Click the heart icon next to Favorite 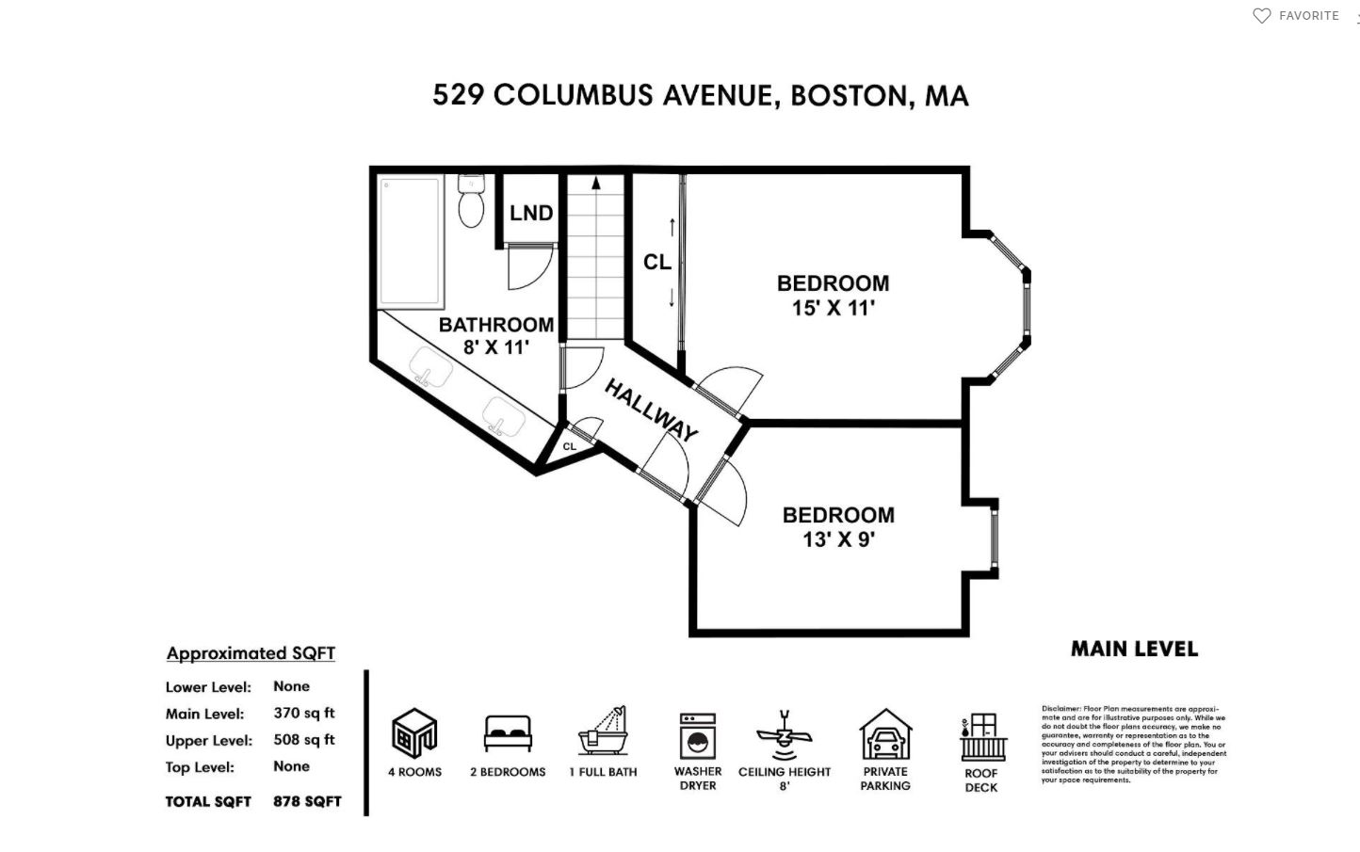[1261, 16]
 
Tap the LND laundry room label [531, 214]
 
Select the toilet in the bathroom [471, 201]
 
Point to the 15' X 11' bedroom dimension [833, 309]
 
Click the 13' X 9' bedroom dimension [838, 540]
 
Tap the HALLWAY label [651, 410]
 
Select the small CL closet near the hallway [570, 446]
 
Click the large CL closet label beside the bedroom [656, 262]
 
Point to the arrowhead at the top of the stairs [596, 183]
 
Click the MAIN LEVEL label [1134, 650]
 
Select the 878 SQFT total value [307, 802]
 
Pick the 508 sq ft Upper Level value [304, 740]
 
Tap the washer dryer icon [698, 736]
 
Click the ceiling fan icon [784, 734]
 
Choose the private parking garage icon [885, 735]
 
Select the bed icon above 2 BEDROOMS [508, 733]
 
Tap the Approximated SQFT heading [251, 653]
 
